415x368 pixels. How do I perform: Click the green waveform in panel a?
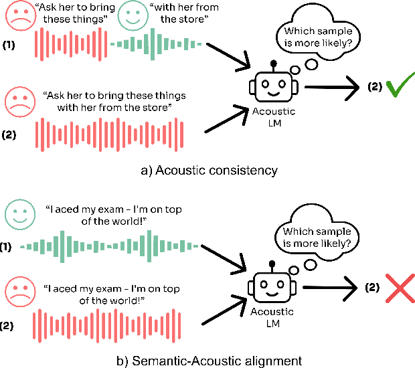click(155, 44)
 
